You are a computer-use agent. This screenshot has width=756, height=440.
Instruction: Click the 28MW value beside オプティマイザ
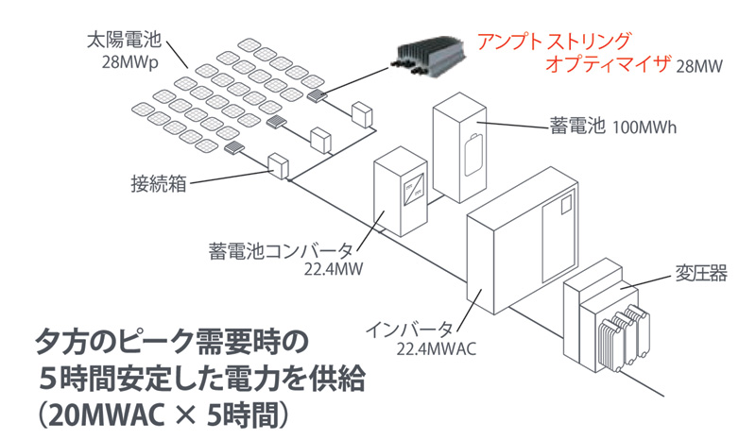(698, 68)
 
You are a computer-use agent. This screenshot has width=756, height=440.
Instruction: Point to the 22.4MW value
(326, 271)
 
